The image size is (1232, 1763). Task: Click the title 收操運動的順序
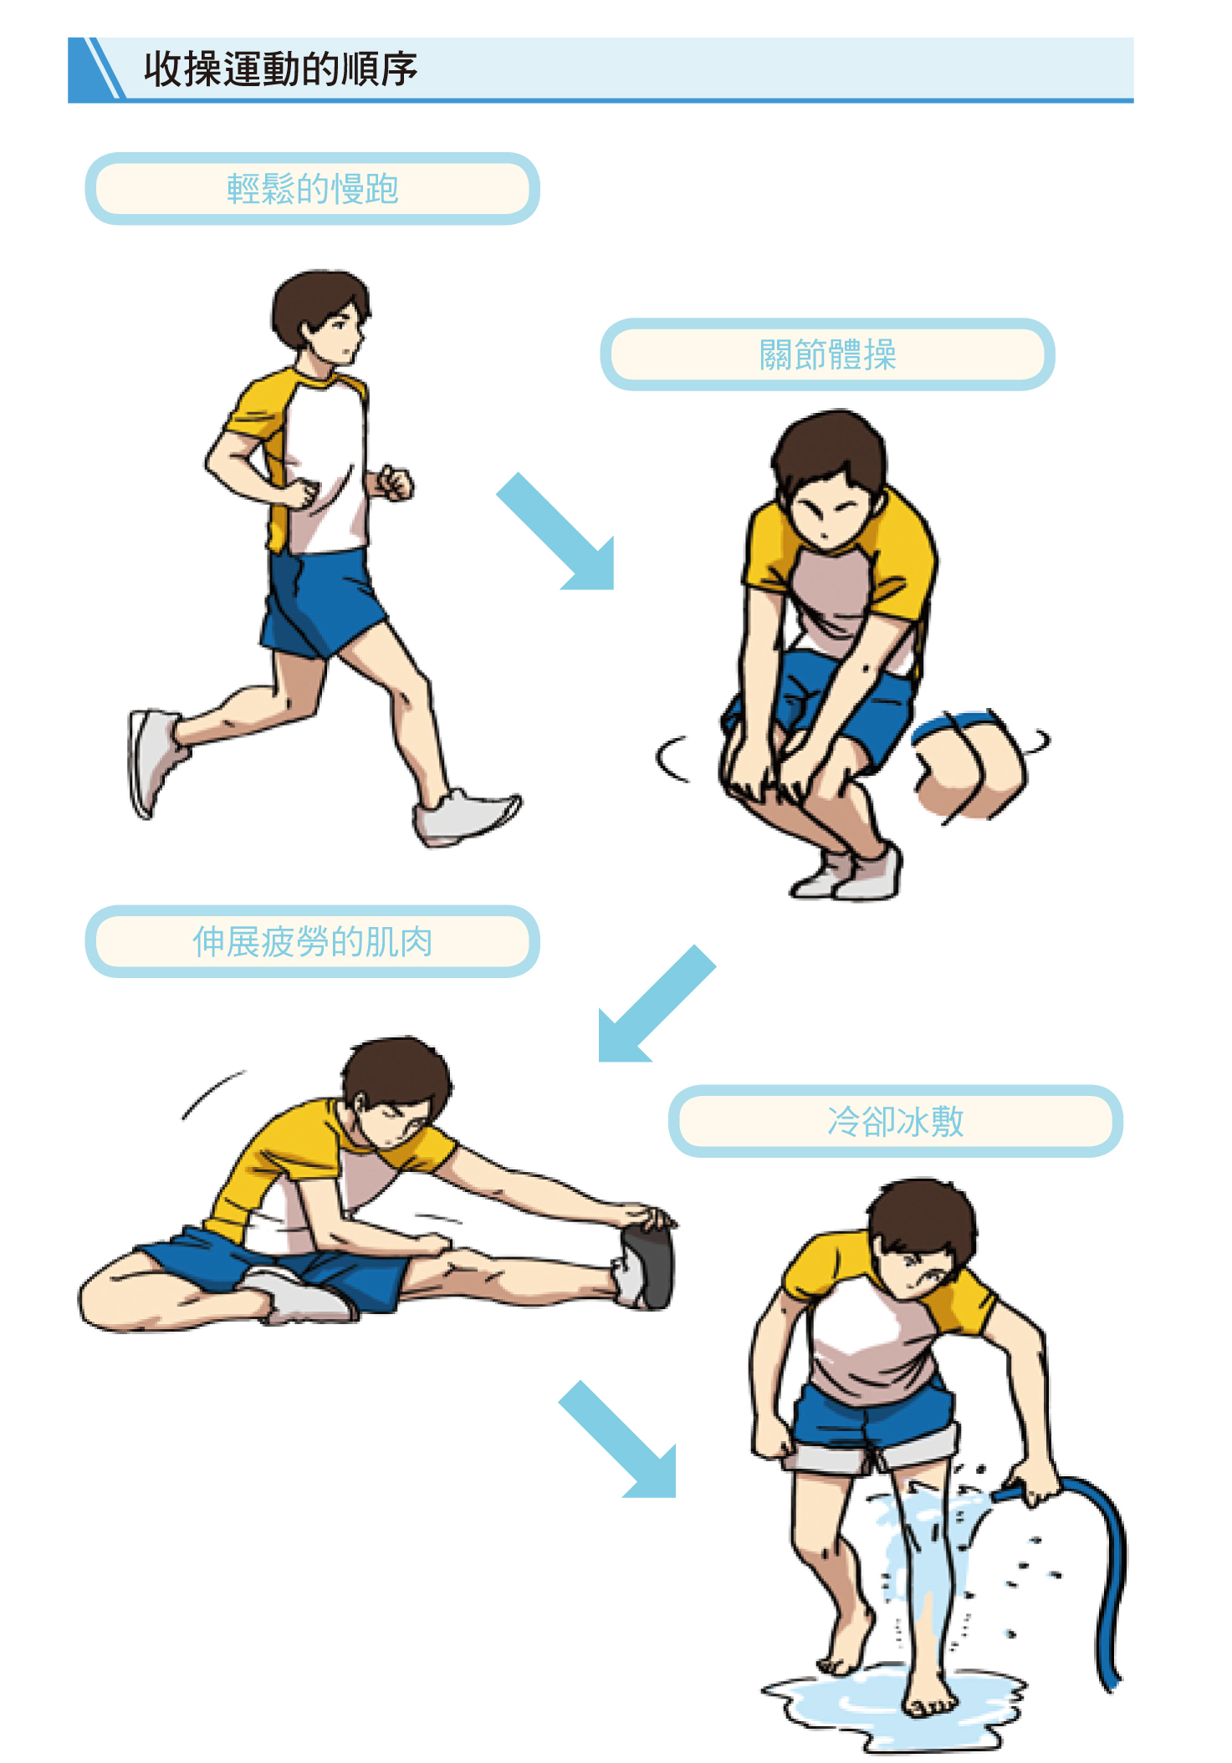(x=280, y=69)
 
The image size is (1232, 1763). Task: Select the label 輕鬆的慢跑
(x=312, y=189)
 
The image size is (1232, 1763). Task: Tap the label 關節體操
(x=827, y=354)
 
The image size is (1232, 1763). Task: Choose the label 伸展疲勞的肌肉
(x=312, y=942)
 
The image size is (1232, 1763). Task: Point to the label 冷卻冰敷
(x=895, y=1121)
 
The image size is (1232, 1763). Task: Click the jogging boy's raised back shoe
(x=151, y=760)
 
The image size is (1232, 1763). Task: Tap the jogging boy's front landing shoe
(x=464, y=816)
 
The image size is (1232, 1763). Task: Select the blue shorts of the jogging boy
(x=320, y=602)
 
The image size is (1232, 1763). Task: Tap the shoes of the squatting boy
(x=849, y=874)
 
